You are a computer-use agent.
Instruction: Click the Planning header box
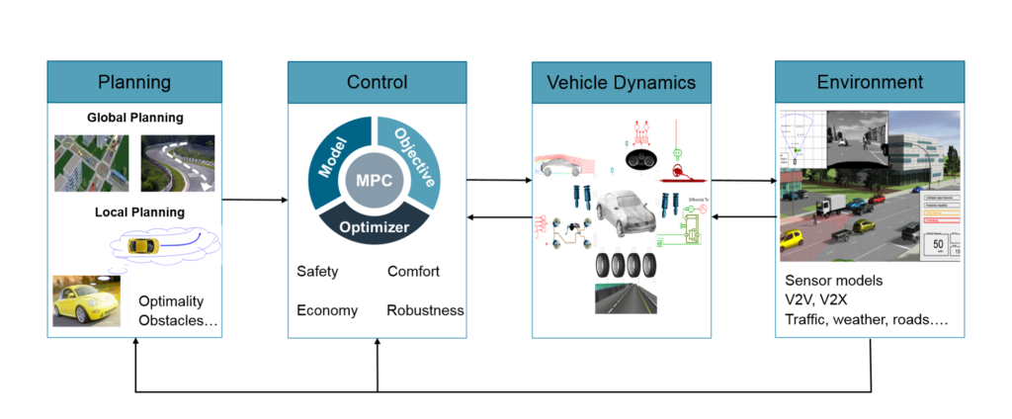pos(133,81)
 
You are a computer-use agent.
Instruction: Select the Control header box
pos(377,81)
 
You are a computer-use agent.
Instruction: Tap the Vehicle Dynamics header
pos(620,81)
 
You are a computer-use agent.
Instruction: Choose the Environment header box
pos(870,81)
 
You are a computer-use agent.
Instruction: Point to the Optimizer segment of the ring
pos(377,224)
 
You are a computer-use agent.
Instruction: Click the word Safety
pos(320,271)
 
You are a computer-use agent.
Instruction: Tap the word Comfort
pos(413,271)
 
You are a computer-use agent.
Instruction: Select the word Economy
pos(327,310)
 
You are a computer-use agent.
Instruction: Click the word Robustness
pos(425,310)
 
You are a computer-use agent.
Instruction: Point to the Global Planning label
pos(133,118)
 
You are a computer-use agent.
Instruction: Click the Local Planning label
pos(133,211)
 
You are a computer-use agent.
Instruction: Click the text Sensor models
pos(834,280)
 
